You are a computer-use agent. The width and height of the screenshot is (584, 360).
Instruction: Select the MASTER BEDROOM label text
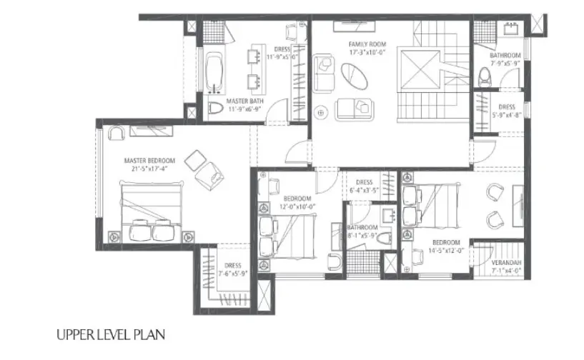(145, 161)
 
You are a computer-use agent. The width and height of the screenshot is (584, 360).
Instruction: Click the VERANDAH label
(507, 264)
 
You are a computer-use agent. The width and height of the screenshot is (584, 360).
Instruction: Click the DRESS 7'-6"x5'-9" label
(229, 269)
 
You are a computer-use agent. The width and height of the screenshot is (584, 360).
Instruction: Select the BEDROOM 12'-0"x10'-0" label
(296, 202)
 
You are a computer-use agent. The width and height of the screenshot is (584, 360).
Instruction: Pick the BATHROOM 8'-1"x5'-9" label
(362, 231)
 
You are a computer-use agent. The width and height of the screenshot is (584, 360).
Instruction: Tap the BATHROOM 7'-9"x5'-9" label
(505, 59)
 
